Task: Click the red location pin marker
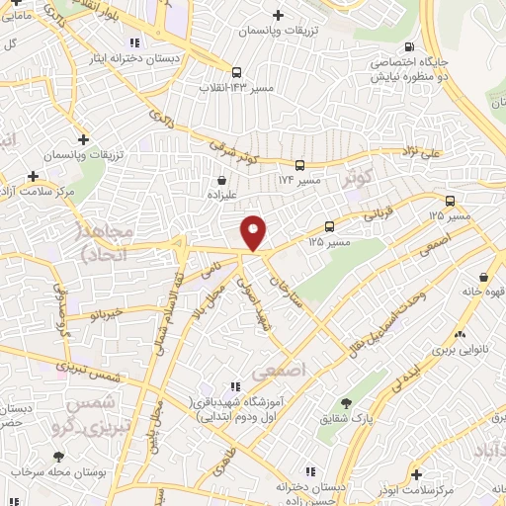pos(254,232)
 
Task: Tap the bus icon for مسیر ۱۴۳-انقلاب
pos(236,72)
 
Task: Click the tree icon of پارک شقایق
pos(345,403)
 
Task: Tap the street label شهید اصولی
pos(253,301)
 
